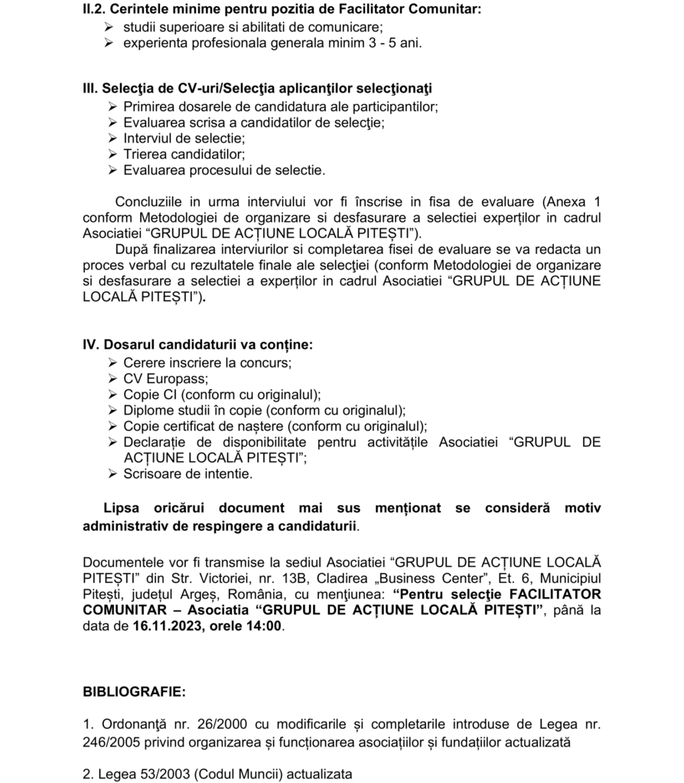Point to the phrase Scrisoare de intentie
[187, 473]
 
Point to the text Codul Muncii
[239, 773]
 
